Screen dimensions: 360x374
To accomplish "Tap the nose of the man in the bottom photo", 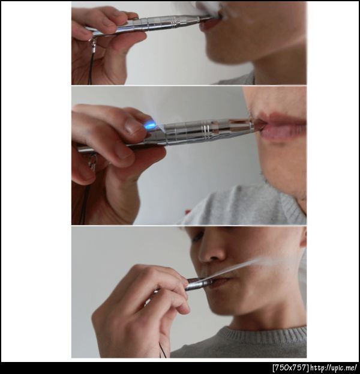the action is tap(211, 252).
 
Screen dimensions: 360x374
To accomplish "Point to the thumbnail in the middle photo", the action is tap(132, 127).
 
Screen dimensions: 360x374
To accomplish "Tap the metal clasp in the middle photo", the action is tap(92, 162).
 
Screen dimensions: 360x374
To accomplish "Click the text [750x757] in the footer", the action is tap(290, 367).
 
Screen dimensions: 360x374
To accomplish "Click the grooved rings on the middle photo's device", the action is tap(206, 131).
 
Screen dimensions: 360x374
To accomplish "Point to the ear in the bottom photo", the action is tap(303, 237).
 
